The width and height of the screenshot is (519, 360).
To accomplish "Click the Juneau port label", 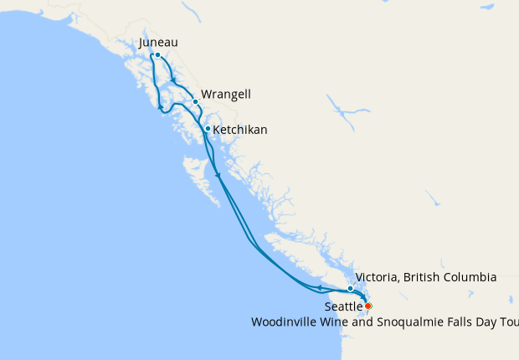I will [x=159, y=43].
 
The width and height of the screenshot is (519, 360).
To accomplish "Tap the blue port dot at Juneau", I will [x=157, y=56].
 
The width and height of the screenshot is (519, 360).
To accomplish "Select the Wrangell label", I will [x=226, y=95].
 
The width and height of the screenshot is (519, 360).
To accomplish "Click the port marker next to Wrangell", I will [x=195, y=102].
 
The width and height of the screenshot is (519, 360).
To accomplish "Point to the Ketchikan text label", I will [x=240, y=131].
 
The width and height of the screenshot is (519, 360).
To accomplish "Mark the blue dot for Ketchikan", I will [x=207, y=129].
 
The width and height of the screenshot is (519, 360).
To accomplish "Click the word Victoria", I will [x=378, y=277].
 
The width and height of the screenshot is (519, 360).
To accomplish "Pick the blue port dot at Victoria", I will [x=351, y=288].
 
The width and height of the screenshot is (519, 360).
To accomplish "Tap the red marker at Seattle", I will [x=368, y=306].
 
